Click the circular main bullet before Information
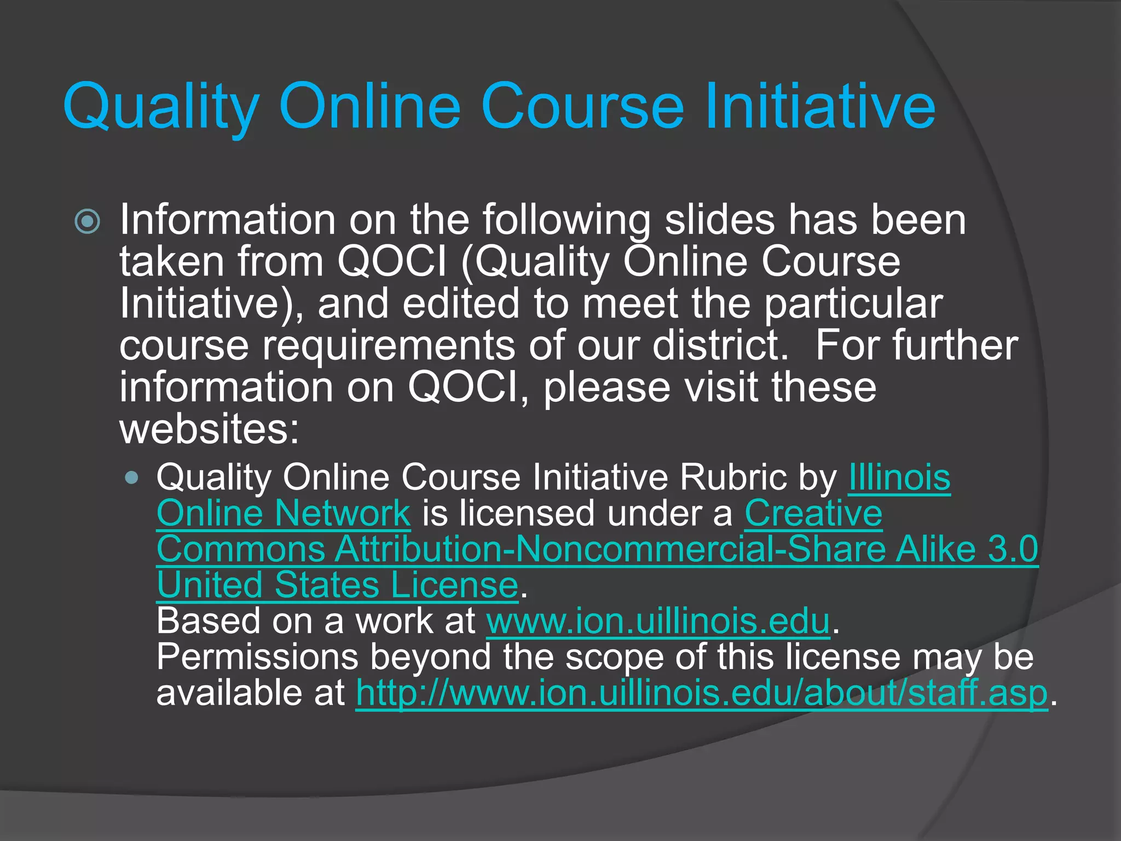(x=88, y=222)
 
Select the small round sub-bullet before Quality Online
(x=131, y=477)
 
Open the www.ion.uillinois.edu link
(x=658, y=621)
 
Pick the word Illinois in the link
(x=899, y=477)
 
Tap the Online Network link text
(x=284, y=514)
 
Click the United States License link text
(x=337, y=585)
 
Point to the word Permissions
(x=257, y=657)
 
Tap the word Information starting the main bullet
(x=227, y=220)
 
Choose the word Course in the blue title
(x=582, y=107)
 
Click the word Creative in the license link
(x=813, y=514)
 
